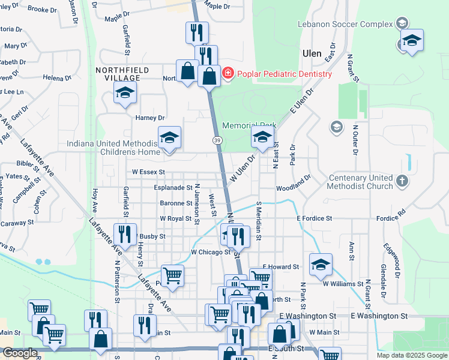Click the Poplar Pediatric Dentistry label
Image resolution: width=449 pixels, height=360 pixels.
pos(284,74)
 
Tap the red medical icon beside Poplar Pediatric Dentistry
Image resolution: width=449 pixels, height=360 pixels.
pos(228,74)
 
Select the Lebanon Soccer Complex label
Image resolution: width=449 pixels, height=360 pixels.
pos(345,25)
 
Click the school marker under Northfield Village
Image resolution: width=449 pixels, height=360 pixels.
pos(125,93)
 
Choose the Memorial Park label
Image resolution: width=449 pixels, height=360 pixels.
pos(249,126)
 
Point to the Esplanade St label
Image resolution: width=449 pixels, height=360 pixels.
pos(173,188)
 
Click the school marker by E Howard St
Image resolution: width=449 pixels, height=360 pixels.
pos(321,264)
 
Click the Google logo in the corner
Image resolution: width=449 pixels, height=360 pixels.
pos(20,353)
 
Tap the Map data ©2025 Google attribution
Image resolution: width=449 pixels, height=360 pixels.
pos(412,355)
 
